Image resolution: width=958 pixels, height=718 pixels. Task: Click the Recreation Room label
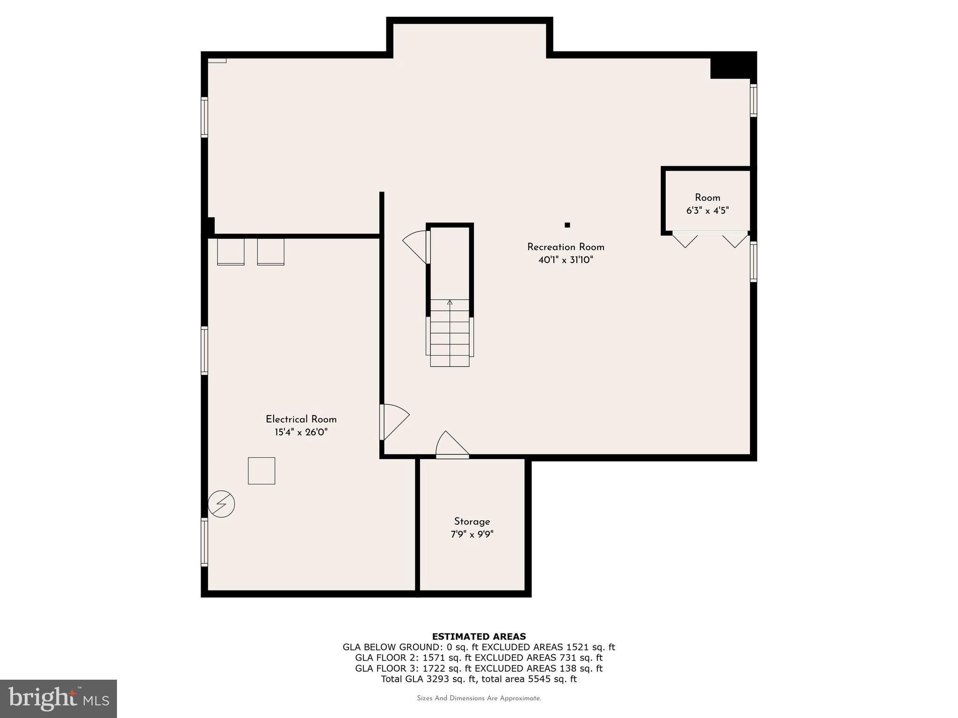(566, 247)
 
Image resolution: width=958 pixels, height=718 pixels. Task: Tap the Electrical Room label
(301, 419)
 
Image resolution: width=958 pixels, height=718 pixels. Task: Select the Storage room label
(472, 521)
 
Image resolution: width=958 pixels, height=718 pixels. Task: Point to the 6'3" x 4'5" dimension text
(707, 211)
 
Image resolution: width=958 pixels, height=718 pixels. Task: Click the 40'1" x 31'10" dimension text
(566, 260)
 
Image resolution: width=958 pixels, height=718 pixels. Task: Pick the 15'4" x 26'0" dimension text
(301, 432)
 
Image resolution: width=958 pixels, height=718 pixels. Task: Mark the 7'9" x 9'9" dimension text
(472, 534)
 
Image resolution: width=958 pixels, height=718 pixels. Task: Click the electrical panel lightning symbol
(221, 504)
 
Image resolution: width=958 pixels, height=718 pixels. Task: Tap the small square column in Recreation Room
(567, 225)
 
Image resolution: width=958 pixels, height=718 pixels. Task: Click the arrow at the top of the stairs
(450, 302)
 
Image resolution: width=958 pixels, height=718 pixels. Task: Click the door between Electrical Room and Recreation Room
(394, 421)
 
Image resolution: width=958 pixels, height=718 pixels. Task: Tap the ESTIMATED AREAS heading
(479, 636)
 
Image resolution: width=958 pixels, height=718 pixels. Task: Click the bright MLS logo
(58, 698)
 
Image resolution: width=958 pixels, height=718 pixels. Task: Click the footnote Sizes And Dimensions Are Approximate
(479, 698)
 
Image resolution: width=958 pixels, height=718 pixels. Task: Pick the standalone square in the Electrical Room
(261, 471)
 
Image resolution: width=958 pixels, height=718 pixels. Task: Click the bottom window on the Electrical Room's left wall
(204, 542)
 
